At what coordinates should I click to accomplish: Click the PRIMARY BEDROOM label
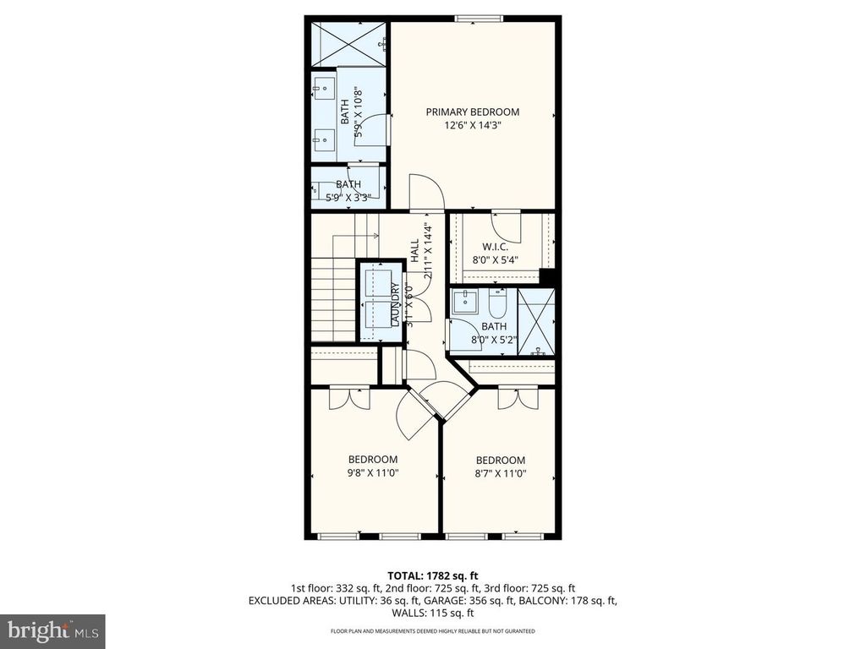[x=472, y=112]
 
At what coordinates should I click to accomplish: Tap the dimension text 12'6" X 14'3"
[x=472, y=126]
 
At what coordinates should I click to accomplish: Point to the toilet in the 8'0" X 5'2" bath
[x=496, y=303]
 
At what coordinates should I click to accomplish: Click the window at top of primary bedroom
[x=479, y=19]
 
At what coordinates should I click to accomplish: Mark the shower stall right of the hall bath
[x=536, y=322]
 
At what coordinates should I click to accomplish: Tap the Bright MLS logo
[x=52, y=630]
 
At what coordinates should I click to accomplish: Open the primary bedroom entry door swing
[x=425, y=191]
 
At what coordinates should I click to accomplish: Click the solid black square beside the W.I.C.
[x=547, y=277]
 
